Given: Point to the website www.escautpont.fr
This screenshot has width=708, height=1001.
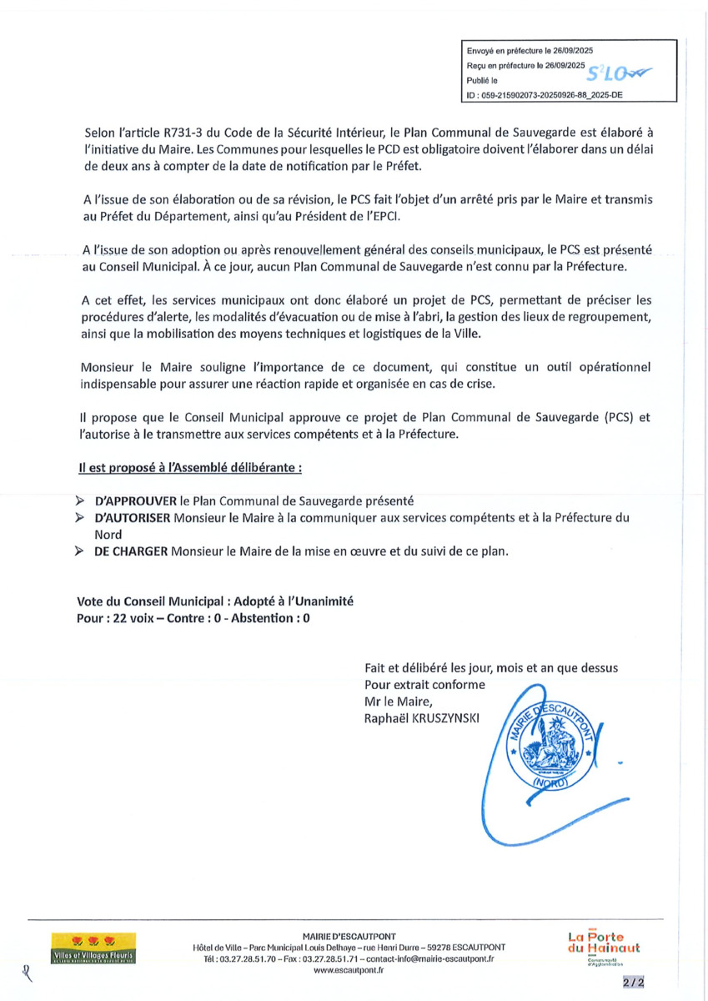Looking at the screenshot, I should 349,970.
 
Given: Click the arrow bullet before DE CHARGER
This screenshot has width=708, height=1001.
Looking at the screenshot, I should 79,551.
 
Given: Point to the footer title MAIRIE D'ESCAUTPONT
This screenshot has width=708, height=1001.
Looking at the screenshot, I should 349,936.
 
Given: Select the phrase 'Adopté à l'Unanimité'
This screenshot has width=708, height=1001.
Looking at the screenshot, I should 294,602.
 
